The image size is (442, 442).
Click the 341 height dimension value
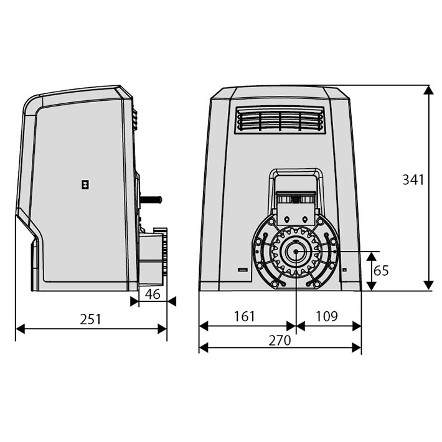tap(413, 180)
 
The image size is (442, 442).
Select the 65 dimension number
tap(381, 271)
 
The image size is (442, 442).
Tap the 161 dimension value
tap(245, 316)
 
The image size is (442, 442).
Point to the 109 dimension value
tap(326, 316)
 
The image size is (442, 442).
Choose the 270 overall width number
tap(280, 341)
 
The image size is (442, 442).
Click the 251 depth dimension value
tap(90, 319)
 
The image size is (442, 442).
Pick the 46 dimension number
tap(153, 294)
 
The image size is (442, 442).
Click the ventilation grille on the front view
tap(280, 120)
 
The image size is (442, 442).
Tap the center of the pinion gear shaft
tap(296, 252)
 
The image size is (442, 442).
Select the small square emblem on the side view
tap(85, 184)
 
